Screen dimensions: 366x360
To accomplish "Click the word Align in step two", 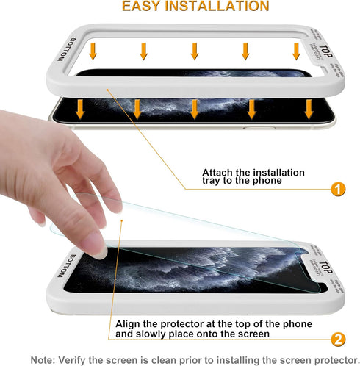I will [x=129, y=323].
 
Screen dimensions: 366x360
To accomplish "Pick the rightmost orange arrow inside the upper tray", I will [x=297, y=51].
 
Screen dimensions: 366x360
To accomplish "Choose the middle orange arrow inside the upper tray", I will [x=195, y=51].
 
